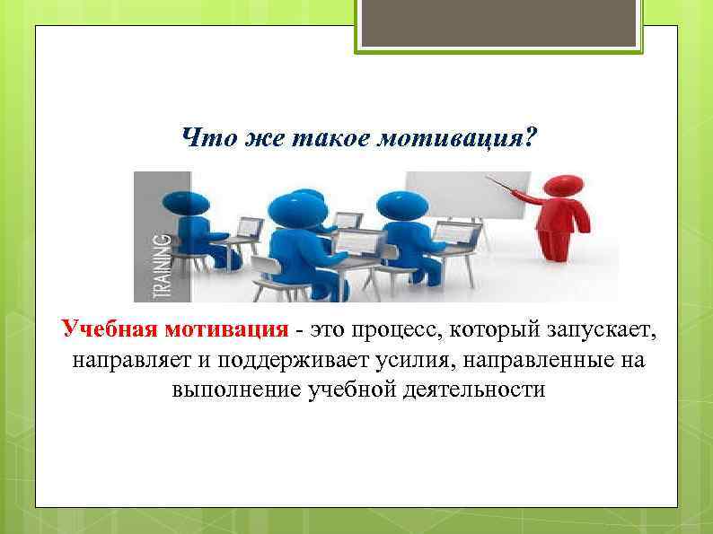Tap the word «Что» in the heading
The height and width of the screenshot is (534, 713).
pyautogui.click(x=201, y=138)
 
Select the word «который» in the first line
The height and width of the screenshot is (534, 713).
pyautogui.click(x=490, y=331)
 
